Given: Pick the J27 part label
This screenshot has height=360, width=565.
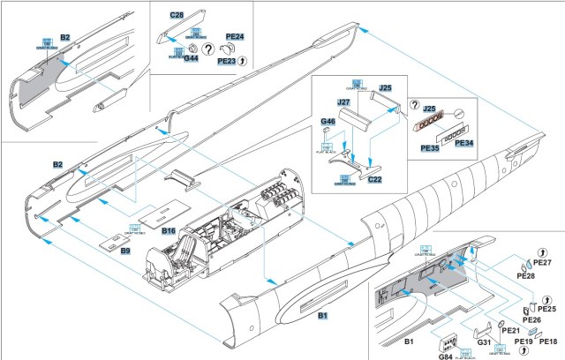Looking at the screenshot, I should pos(344,103).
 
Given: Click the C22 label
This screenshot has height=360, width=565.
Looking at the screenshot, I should pos(374,180).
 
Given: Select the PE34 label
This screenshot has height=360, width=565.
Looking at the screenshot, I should pos(464,143).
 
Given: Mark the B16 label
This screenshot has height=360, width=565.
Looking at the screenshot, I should pos(170,230).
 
